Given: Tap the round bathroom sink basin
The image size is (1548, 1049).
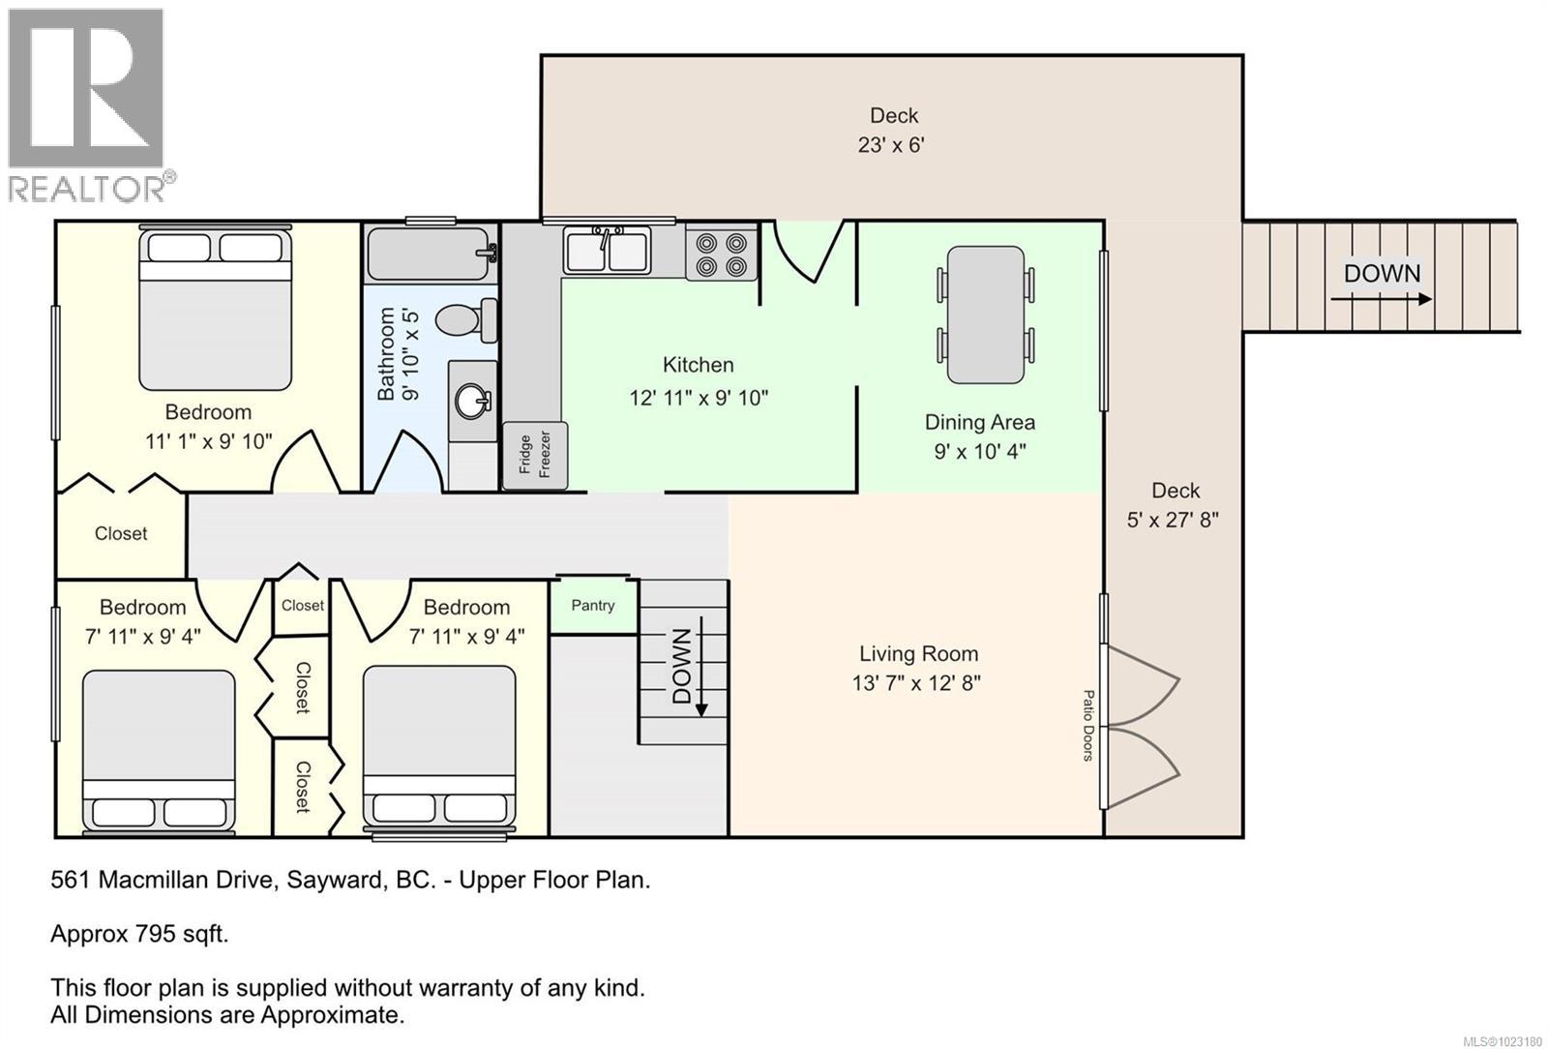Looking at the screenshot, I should [x=473, y=400].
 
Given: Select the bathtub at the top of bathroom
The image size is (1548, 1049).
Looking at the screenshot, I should [x=432, y=254].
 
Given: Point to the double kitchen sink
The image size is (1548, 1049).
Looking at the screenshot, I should [x=608, y=251].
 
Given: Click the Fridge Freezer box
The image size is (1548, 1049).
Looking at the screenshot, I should [x=534, y=455].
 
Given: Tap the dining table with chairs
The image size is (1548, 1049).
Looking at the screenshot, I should [x=985, y=315].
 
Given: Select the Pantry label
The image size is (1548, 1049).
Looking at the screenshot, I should [x=593, y=605].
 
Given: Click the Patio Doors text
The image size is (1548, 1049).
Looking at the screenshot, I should [x=1087, y=726].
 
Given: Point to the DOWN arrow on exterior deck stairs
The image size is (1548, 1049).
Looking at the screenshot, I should [x=1382, y=298].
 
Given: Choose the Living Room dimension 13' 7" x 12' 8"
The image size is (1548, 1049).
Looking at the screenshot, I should [x=916, y=683].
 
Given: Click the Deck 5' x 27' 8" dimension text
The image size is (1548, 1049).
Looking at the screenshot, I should [x=1173, y=520].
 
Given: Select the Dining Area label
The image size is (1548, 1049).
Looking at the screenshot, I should [x=979, y=422].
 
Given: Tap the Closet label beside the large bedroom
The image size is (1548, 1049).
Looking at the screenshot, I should [x=121, y=533].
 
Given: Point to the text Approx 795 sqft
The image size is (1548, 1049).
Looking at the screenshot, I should [x=139, y=934].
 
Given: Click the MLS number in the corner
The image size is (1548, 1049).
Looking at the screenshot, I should [x=1502, y=1041].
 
